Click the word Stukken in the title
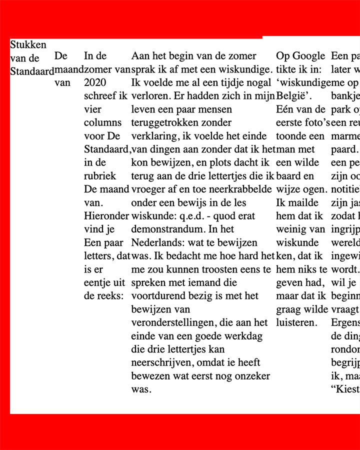click(28, 44)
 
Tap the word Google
click(308, 56)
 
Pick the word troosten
click(212, 269)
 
